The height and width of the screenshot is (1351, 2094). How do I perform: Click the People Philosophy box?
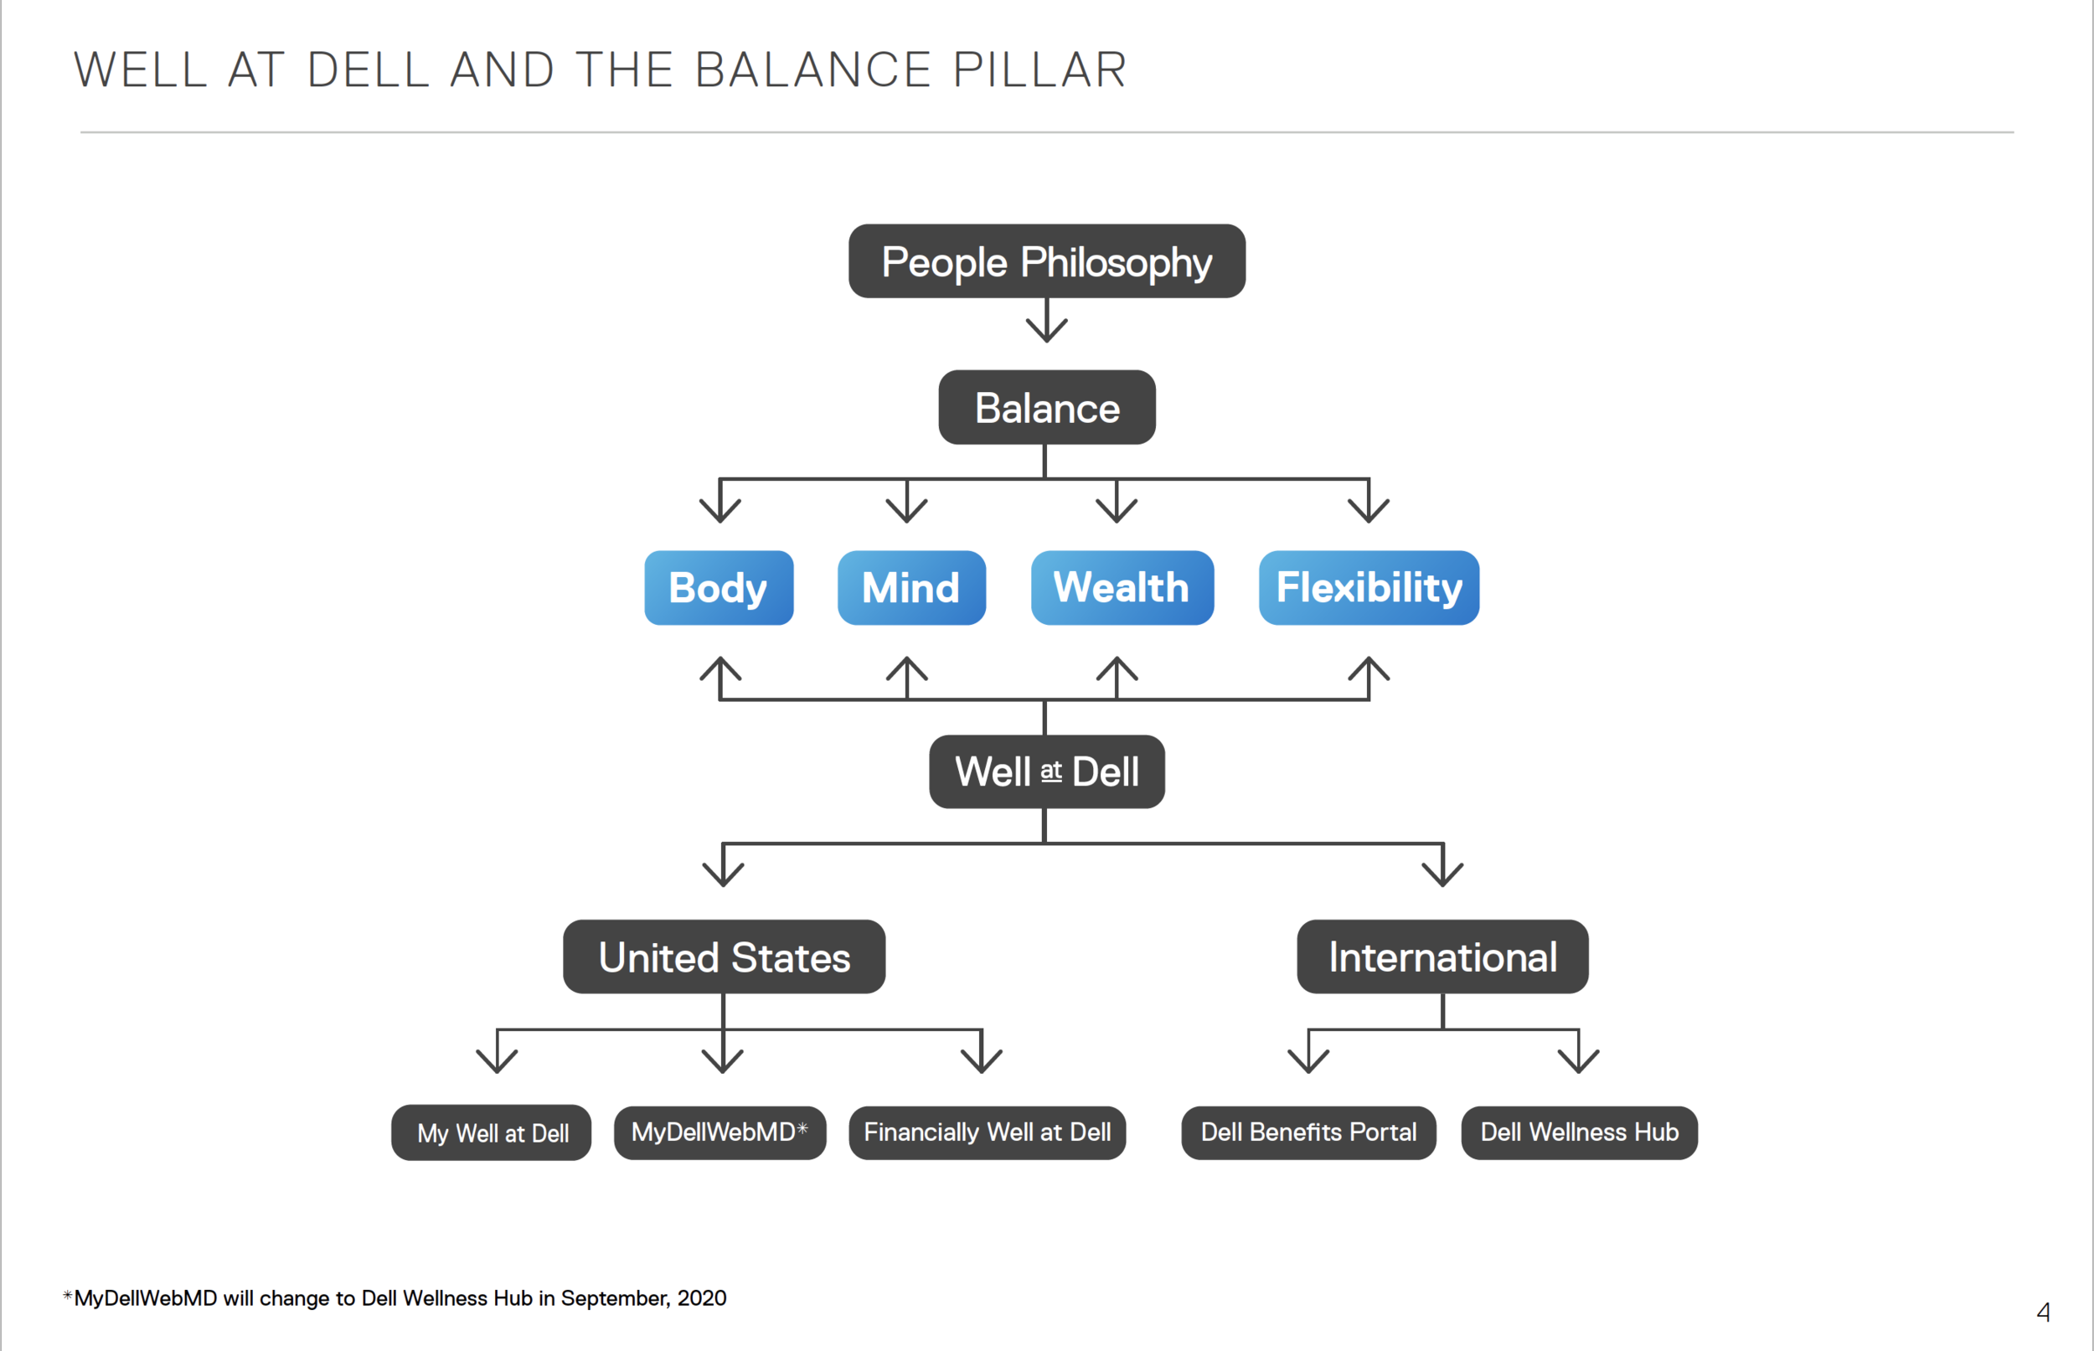click(x=1045, y=261)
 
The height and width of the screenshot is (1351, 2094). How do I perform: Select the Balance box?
click(x=1045, y=407)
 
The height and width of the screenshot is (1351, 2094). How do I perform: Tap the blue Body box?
click(x=719, y=588)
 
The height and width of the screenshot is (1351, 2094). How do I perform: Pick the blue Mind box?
click(x=910, y=588)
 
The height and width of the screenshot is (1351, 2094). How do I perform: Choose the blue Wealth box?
click(x=1122, y=588)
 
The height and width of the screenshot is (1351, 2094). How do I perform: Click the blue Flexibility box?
click(x=1368, y=588)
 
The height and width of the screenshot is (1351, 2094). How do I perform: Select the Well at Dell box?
click(x=1045, y=772)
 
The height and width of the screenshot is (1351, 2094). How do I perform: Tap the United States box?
click(x=724, y=957)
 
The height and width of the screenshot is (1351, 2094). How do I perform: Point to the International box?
click(x=1442, y=957)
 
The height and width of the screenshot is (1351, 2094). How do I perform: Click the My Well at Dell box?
click(x=492, y=1132)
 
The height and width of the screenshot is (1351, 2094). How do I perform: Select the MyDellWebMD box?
click(x=719, y=1132)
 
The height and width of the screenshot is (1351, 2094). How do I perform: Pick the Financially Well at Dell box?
click(x=986, y=1132)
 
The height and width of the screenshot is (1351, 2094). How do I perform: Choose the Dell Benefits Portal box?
click(x=1307, y=1132)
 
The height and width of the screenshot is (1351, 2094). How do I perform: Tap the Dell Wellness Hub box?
click(x=1578, y=1132)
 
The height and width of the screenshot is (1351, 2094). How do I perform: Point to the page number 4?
click(x=2042, y=1312)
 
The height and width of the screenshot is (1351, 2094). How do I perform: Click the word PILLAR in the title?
click(x=1039, y=70)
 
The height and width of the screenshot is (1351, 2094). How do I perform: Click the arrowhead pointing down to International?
click(x=1442, y=873)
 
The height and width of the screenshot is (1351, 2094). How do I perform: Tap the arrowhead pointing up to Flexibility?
click(x=1368, y=670)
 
